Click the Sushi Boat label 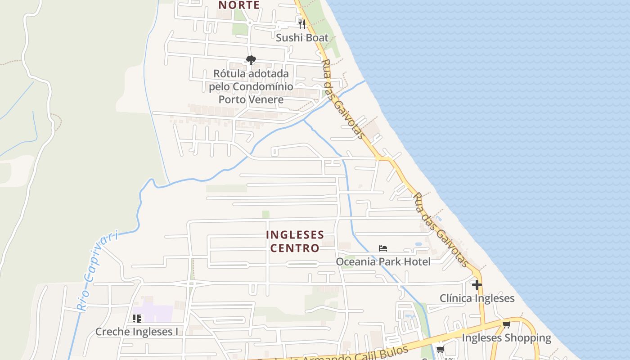(x=302, y=38)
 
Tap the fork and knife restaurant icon (x=302, y=24)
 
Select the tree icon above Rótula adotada (x=251, y=60)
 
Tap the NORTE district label (x=239, y=5)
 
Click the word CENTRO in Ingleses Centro (x=295, y=248)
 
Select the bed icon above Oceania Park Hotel (x=383, y=248)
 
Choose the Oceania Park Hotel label (x=383, y=261)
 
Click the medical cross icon (x=477, y=285)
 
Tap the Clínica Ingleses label (x=477, y=298)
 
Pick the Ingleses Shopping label (x=506, y=338)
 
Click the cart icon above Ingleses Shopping (x=506, y=324)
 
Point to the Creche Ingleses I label (x=137, y=332)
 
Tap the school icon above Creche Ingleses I (x=137, y=319)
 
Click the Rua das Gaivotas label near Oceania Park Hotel (x=441, y=229)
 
